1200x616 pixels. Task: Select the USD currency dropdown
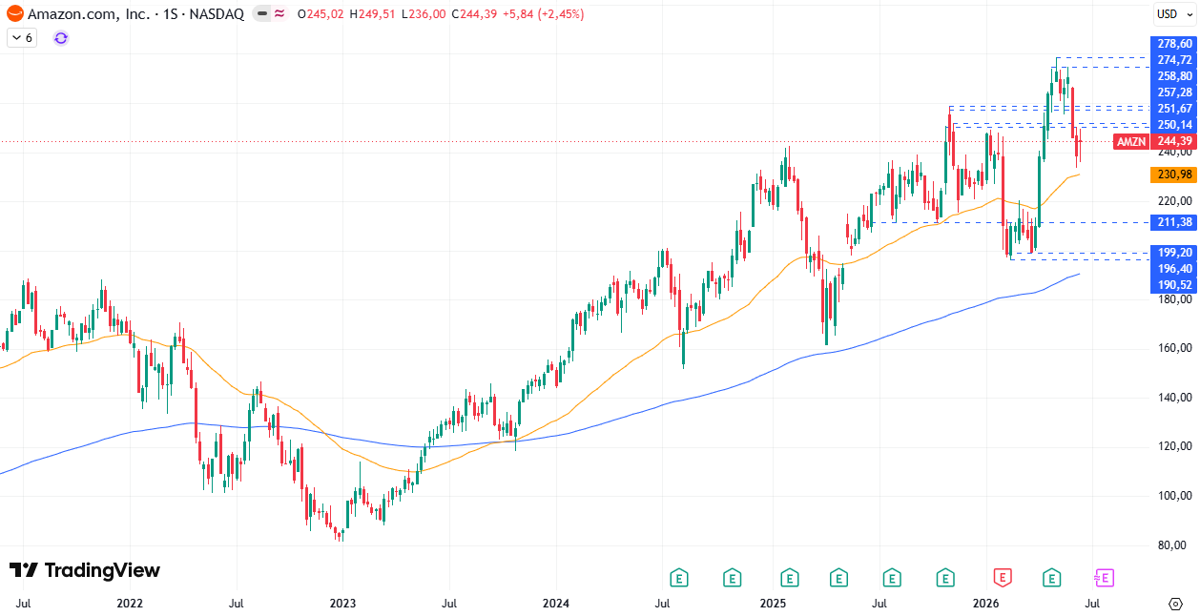click(1174, 14)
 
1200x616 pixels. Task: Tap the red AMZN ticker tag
click(1131, 141)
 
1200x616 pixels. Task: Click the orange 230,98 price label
click(1173, 175)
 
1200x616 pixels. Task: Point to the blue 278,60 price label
click(1173, 44)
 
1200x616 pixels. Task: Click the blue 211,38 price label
click(1173, 222)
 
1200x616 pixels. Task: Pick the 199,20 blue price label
click(1173, 253)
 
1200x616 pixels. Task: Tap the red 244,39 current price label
click(1173, 141)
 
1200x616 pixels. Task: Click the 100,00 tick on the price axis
click(1175, 496)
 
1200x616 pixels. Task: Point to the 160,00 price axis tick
click(1175, 348)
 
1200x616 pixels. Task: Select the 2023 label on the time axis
click(342, 604)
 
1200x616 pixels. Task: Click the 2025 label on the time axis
click(773, 604)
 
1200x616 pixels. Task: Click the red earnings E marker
click(1003, 578)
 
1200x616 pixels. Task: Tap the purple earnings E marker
click(1105, 578)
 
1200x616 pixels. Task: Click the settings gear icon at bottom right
click(1175, 605)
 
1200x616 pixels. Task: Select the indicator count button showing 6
click(22, 38)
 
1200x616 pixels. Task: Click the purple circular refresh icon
click(61, 38)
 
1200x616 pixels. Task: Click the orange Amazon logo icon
click(15, 14)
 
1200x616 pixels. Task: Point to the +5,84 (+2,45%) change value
click(543, 14)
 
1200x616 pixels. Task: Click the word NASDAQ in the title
click(217, 14)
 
